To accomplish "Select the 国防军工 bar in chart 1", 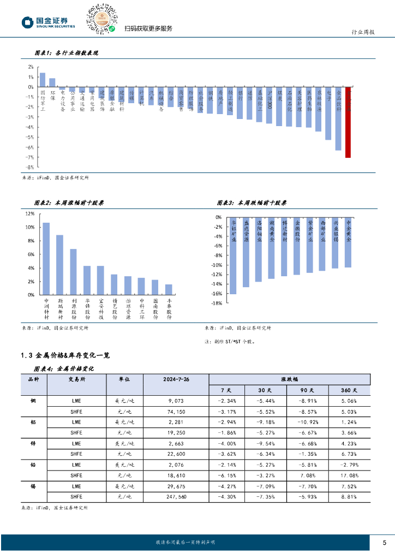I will point(43,79).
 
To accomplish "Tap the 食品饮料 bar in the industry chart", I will point(338,118).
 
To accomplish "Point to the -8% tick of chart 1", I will point(30,168).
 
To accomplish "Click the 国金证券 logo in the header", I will point(48,22).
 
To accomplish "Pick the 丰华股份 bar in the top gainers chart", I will point(169,289).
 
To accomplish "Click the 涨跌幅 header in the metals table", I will point(290,379).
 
